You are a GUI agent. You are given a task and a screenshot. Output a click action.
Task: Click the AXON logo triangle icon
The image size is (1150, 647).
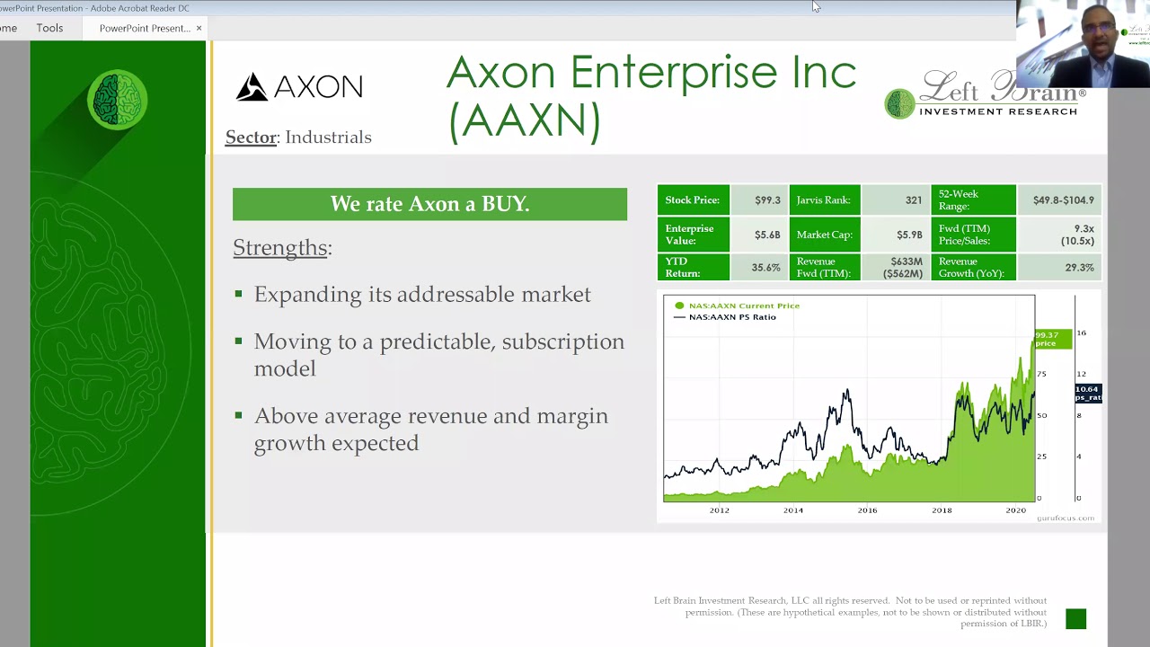point(252,87)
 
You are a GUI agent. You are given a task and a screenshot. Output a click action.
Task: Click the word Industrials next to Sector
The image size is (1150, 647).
point(328,137)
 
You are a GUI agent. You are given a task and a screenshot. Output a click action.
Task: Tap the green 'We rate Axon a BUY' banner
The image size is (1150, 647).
point(429,204)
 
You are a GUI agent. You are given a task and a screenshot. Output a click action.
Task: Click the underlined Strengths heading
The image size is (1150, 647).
point(280,248)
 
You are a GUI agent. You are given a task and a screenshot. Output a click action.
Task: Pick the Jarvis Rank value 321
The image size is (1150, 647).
point(914,200)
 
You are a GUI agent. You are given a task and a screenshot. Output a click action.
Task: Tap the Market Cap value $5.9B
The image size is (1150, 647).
point(909,235)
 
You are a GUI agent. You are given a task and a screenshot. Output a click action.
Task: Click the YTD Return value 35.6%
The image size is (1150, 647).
point(765,268)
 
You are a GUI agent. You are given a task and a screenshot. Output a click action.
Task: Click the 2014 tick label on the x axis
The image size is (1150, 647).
point(792,510)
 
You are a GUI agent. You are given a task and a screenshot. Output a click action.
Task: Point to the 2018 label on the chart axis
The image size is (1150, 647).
point(941,510)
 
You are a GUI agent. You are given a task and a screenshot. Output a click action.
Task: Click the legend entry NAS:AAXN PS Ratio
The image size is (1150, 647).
point(731,317)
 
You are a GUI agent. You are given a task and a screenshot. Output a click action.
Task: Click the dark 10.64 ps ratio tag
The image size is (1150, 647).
point(1087,393)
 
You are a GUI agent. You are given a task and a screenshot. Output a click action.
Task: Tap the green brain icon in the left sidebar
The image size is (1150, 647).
point(118,100)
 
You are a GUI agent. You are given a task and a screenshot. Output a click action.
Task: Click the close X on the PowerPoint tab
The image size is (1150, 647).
point(199,28)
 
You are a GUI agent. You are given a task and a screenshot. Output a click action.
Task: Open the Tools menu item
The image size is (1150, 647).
point(49,28)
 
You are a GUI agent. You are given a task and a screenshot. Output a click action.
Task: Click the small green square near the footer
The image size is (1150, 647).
point(1075,619)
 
